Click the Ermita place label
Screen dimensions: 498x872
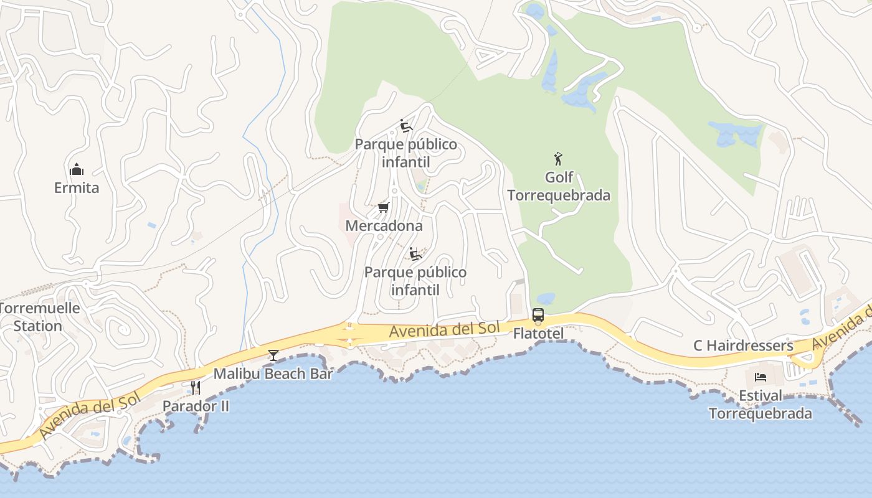(76, 188)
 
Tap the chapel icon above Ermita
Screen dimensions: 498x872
(77, 169)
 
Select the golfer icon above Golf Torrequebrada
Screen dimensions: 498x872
(558, 159)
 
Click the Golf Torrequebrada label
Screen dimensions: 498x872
(559, 186)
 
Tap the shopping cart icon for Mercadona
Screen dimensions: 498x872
(384, 207)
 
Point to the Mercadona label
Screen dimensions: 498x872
(384, 226)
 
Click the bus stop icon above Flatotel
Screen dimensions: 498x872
(538, 315)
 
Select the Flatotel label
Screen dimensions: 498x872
(538, 334)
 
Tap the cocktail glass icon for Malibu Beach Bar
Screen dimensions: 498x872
(273, 355)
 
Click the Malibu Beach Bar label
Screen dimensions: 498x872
(273, 374)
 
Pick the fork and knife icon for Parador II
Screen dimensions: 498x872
(196, 388)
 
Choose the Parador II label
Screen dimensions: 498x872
(196, 406)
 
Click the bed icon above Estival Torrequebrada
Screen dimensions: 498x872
(760, 377)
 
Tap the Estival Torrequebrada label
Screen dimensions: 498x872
(760, 405)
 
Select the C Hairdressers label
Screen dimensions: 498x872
(743, 346)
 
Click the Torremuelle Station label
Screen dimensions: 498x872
(39, 317)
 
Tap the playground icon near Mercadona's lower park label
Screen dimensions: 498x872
(415, 254)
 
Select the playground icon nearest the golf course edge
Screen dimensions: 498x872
(406, 126)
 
